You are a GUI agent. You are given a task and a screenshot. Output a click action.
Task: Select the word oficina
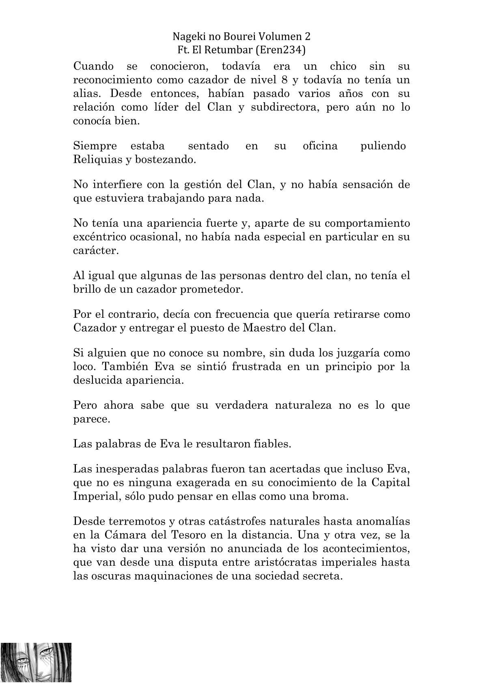coord(320,146)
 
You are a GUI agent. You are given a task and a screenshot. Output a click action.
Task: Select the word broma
coord(332,496)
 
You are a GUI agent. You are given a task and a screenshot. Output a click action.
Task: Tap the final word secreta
coord(322,576)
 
